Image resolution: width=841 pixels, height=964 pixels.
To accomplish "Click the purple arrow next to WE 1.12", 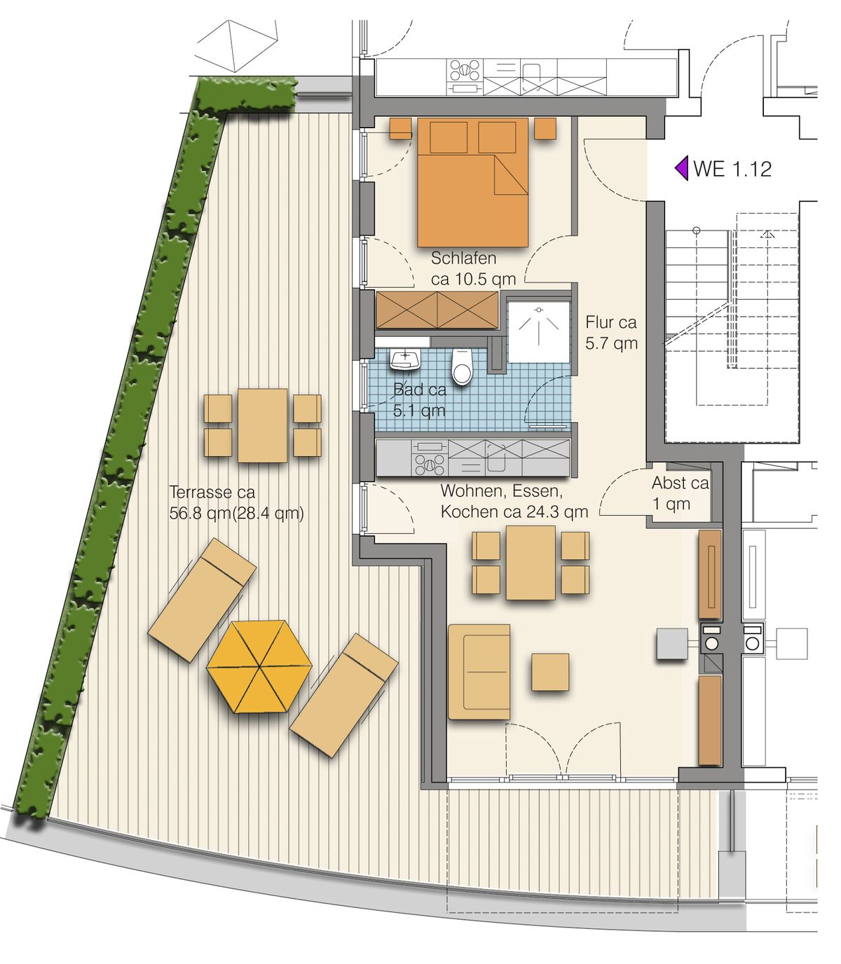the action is coord(682,168).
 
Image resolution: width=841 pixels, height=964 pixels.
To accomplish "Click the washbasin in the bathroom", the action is coord(405,360).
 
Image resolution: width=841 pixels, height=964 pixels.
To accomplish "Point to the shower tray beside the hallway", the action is coord(538,332).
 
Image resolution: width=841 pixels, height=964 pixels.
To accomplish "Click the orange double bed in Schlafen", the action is coord(472,182).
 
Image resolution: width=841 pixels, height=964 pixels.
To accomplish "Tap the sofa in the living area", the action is coord(479,672).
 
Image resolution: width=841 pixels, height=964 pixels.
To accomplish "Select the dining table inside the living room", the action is coord(531,563).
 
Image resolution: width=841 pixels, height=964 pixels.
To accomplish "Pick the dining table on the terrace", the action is coord(262,425).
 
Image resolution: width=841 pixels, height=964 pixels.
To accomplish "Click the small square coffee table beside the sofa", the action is coord(550,672).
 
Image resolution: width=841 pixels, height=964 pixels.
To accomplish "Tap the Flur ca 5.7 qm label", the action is coord(612,333).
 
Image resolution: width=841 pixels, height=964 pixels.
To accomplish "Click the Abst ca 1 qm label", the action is coord(680,493).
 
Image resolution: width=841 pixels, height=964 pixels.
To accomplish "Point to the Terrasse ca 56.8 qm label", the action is coord(236,503).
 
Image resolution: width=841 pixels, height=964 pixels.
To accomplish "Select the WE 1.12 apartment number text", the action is coord(732,169).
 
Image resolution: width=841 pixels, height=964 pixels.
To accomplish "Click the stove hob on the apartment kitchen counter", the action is coord(429,457).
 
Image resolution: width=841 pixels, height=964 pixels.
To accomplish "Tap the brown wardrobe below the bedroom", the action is coord(437,310).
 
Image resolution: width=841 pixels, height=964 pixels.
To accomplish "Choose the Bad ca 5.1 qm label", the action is coord(419,400).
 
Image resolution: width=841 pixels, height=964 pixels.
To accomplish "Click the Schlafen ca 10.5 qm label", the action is coord(474,268).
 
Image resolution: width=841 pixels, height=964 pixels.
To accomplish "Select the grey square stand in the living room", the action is coord(672,644).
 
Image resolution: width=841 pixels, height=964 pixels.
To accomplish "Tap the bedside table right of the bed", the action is coord(545,128).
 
